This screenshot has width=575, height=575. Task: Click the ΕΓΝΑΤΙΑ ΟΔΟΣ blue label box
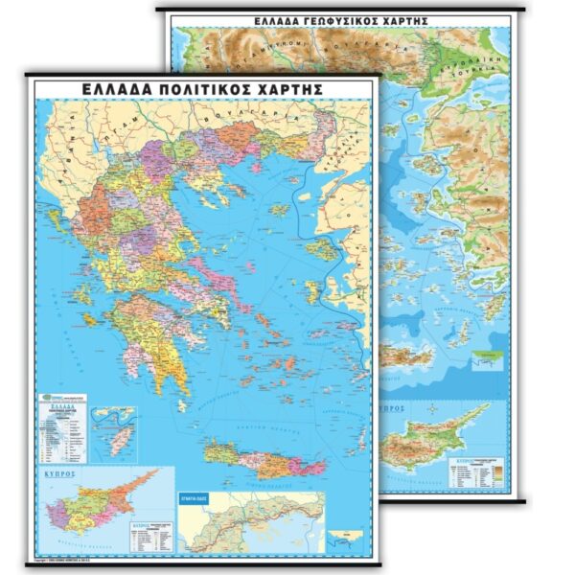point(199,499)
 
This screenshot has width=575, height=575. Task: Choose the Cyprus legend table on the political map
point(149,537)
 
